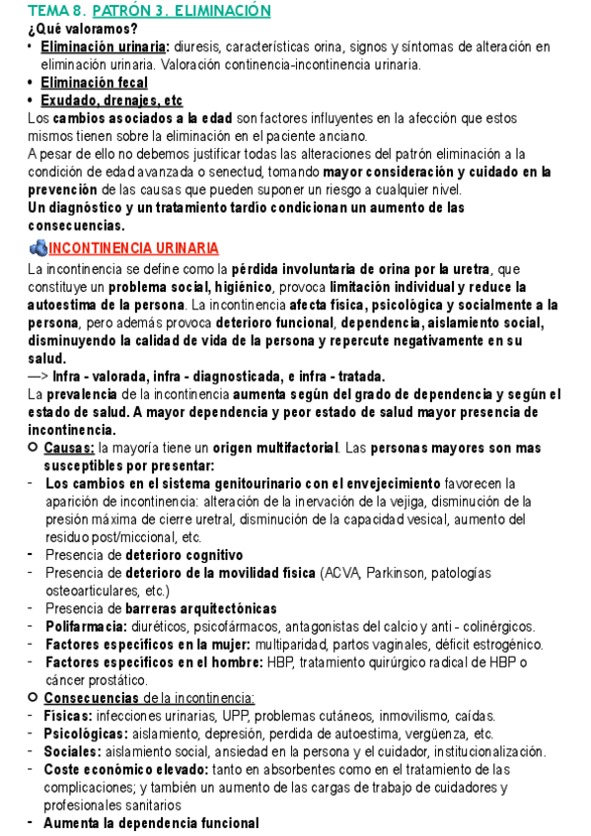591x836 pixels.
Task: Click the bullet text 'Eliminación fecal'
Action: click(95, 83)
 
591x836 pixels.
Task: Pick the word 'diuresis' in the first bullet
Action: click(200, 46)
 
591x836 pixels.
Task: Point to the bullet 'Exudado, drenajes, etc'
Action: click(111, 101)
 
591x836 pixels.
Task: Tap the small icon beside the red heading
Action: click(38, 247)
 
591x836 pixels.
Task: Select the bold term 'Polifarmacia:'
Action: click(86, 626)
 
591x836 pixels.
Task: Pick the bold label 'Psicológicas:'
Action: click(86, 733)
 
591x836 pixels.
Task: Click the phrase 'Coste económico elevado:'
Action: click(123, 769)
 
